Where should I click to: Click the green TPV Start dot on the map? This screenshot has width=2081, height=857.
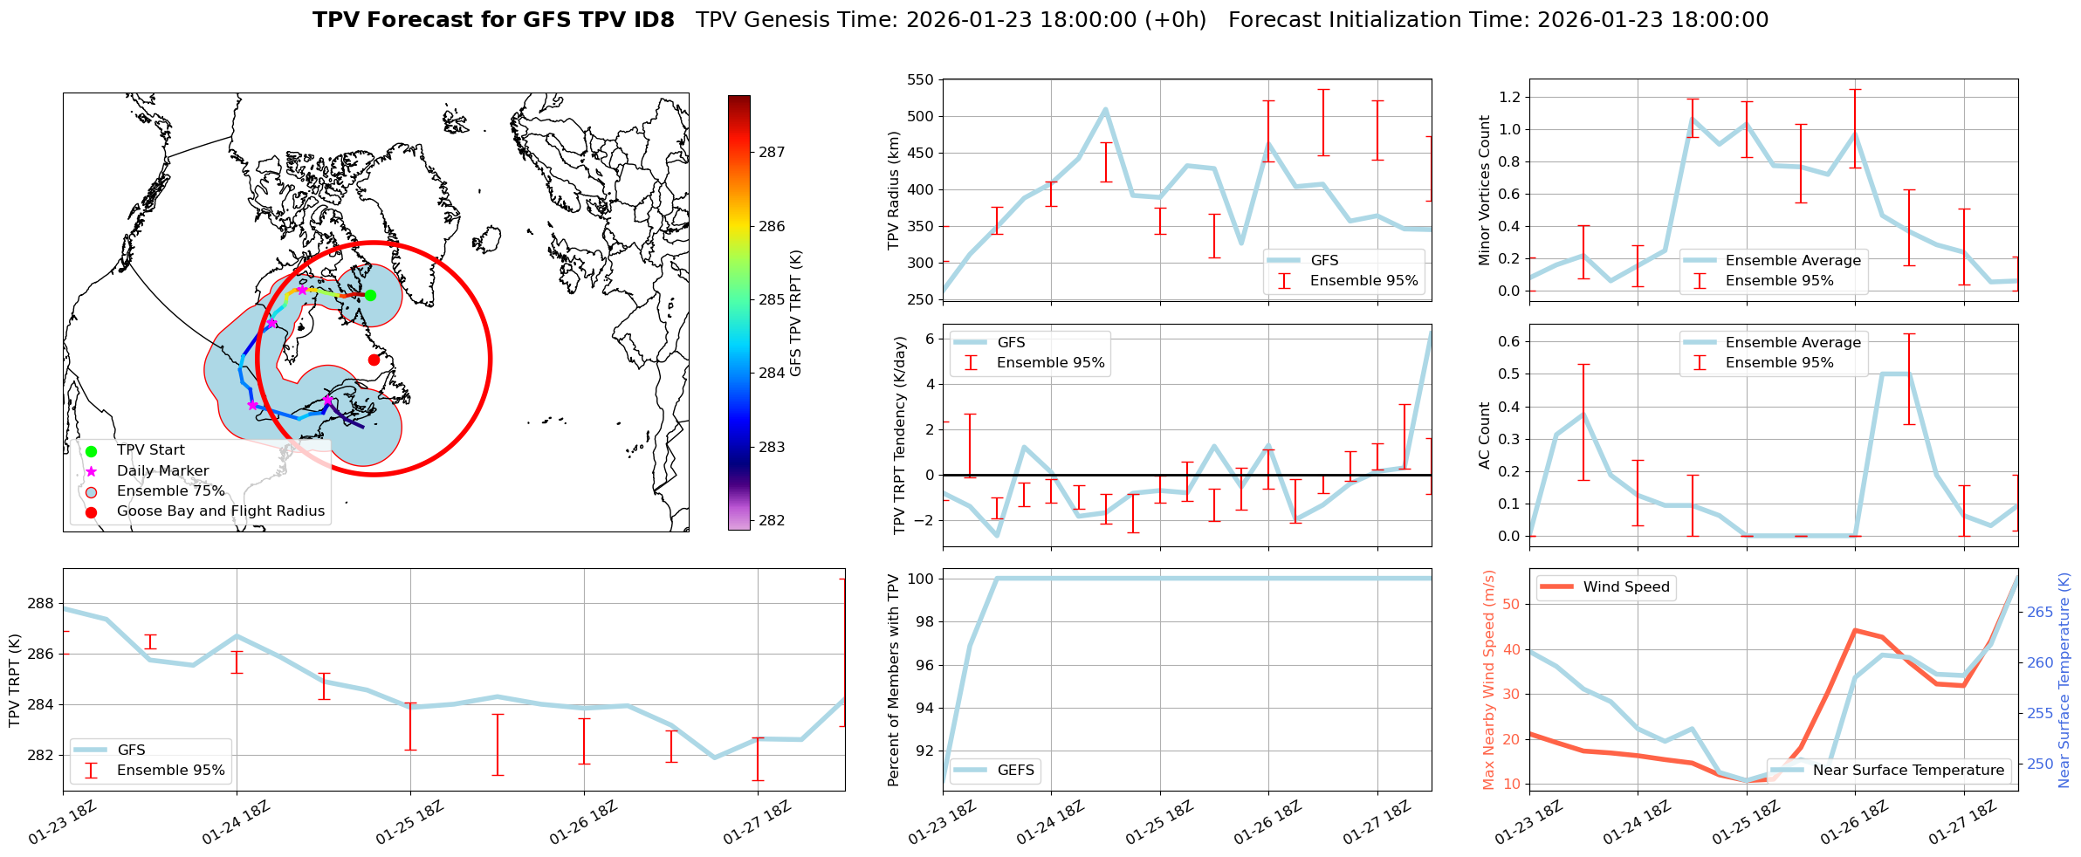tap(370, 295)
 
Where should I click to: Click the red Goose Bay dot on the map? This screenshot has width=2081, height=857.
tap(374, 360)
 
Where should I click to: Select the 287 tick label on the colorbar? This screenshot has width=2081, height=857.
tap(772, 153)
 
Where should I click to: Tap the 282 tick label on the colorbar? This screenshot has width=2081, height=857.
tap(772, 521)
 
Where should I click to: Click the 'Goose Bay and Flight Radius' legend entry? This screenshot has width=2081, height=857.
tap(220, 511)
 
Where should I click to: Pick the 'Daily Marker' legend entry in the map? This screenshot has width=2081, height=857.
tap(162, 471)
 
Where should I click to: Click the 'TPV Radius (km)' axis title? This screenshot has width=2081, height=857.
tap(893, 190)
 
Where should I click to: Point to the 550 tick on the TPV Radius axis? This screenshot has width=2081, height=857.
tap(921, 80)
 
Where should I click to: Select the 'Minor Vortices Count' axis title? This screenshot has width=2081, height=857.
tap(1484, 190)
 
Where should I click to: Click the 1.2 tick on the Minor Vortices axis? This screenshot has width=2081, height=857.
tap(1509, 97)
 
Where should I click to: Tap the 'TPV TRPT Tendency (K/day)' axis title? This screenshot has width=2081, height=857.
tap(900, 435)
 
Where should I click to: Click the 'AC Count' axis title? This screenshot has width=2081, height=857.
tap(1484, 435)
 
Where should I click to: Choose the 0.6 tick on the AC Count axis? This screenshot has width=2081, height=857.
tap(1509, 341)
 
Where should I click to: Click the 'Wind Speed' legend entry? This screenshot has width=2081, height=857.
tap(1626, 587)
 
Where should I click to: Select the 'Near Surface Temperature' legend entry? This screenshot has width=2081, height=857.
tap(1908, 771)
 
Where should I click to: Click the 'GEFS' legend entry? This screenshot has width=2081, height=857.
tap(1015, 771)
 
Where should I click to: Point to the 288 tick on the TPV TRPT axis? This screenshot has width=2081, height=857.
tap(41, 604)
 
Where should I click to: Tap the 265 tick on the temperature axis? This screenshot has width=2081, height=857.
tap(2040, 613)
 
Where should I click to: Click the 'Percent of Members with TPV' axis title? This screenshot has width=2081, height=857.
tap(893, 680)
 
